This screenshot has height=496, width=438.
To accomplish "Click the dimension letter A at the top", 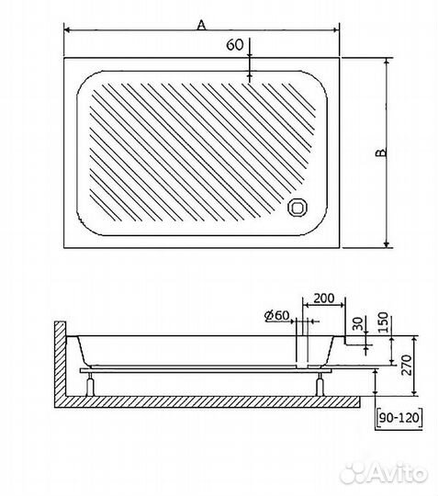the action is point(201,25).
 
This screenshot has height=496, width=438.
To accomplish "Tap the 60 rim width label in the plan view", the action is point(235,45).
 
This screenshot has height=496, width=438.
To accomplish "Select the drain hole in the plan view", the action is point(298,208).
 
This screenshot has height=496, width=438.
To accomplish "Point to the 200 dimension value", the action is point(323,299).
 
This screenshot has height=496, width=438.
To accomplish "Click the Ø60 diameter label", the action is point(277,315).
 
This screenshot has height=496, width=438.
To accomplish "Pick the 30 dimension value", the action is point(357,323).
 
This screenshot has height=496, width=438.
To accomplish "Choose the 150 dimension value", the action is point(383,322).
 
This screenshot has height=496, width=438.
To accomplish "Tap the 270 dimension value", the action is point(407,365).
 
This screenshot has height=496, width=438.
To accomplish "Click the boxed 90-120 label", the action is point(399,418).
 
